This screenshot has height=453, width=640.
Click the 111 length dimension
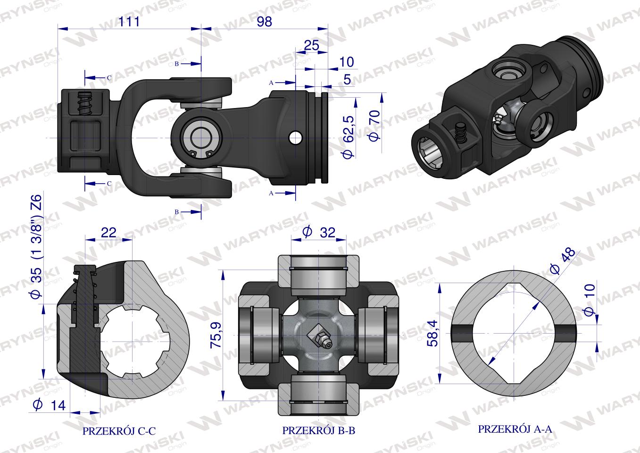pos(129,22)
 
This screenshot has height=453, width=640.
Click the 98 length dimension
pos(264,22)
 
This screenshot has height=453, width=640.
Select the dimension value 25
pos(311,45)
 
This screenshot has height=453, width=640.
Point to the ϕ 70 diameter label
pos(374,125)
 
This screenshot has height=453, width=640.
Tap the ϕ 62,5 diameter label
pos(348,137)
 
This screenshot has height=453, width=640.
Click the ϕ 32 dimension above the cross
pos(319,232)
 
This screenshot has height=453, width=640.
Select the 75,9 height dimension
pos(216,335)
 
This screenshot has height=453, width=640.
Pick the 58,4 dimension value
pos(433,333)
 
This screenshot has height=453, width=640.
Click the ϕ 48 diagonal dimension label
pos(562,260)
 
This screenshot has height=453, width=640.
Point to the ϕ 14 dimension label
pos(49,405)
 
